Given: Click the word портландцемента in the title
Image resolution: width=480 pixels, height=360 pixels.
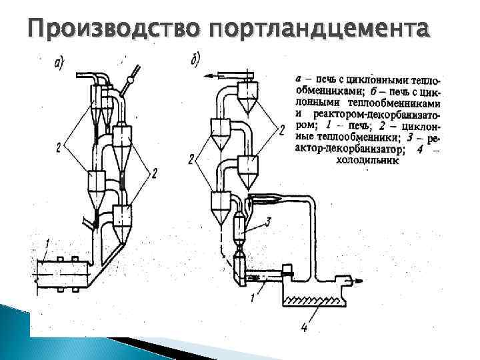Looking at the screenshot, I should point(319,29).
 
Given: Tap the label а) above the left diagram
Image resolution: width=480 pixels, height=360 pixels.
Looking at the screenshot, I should point(59,64).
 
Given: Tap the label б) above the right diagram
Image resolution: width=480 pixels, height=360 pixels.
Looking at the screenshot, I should point(195,61).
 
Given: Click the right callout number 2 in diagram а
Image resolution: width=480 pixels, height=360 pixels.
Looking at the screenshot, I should point(155,173).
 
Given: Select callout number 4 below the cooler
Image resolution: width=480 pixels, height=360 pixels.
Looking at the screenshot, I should point(304,327).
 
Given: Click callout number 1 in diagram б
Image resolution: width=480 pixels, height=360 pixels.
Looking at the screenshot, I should point(252,298).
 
